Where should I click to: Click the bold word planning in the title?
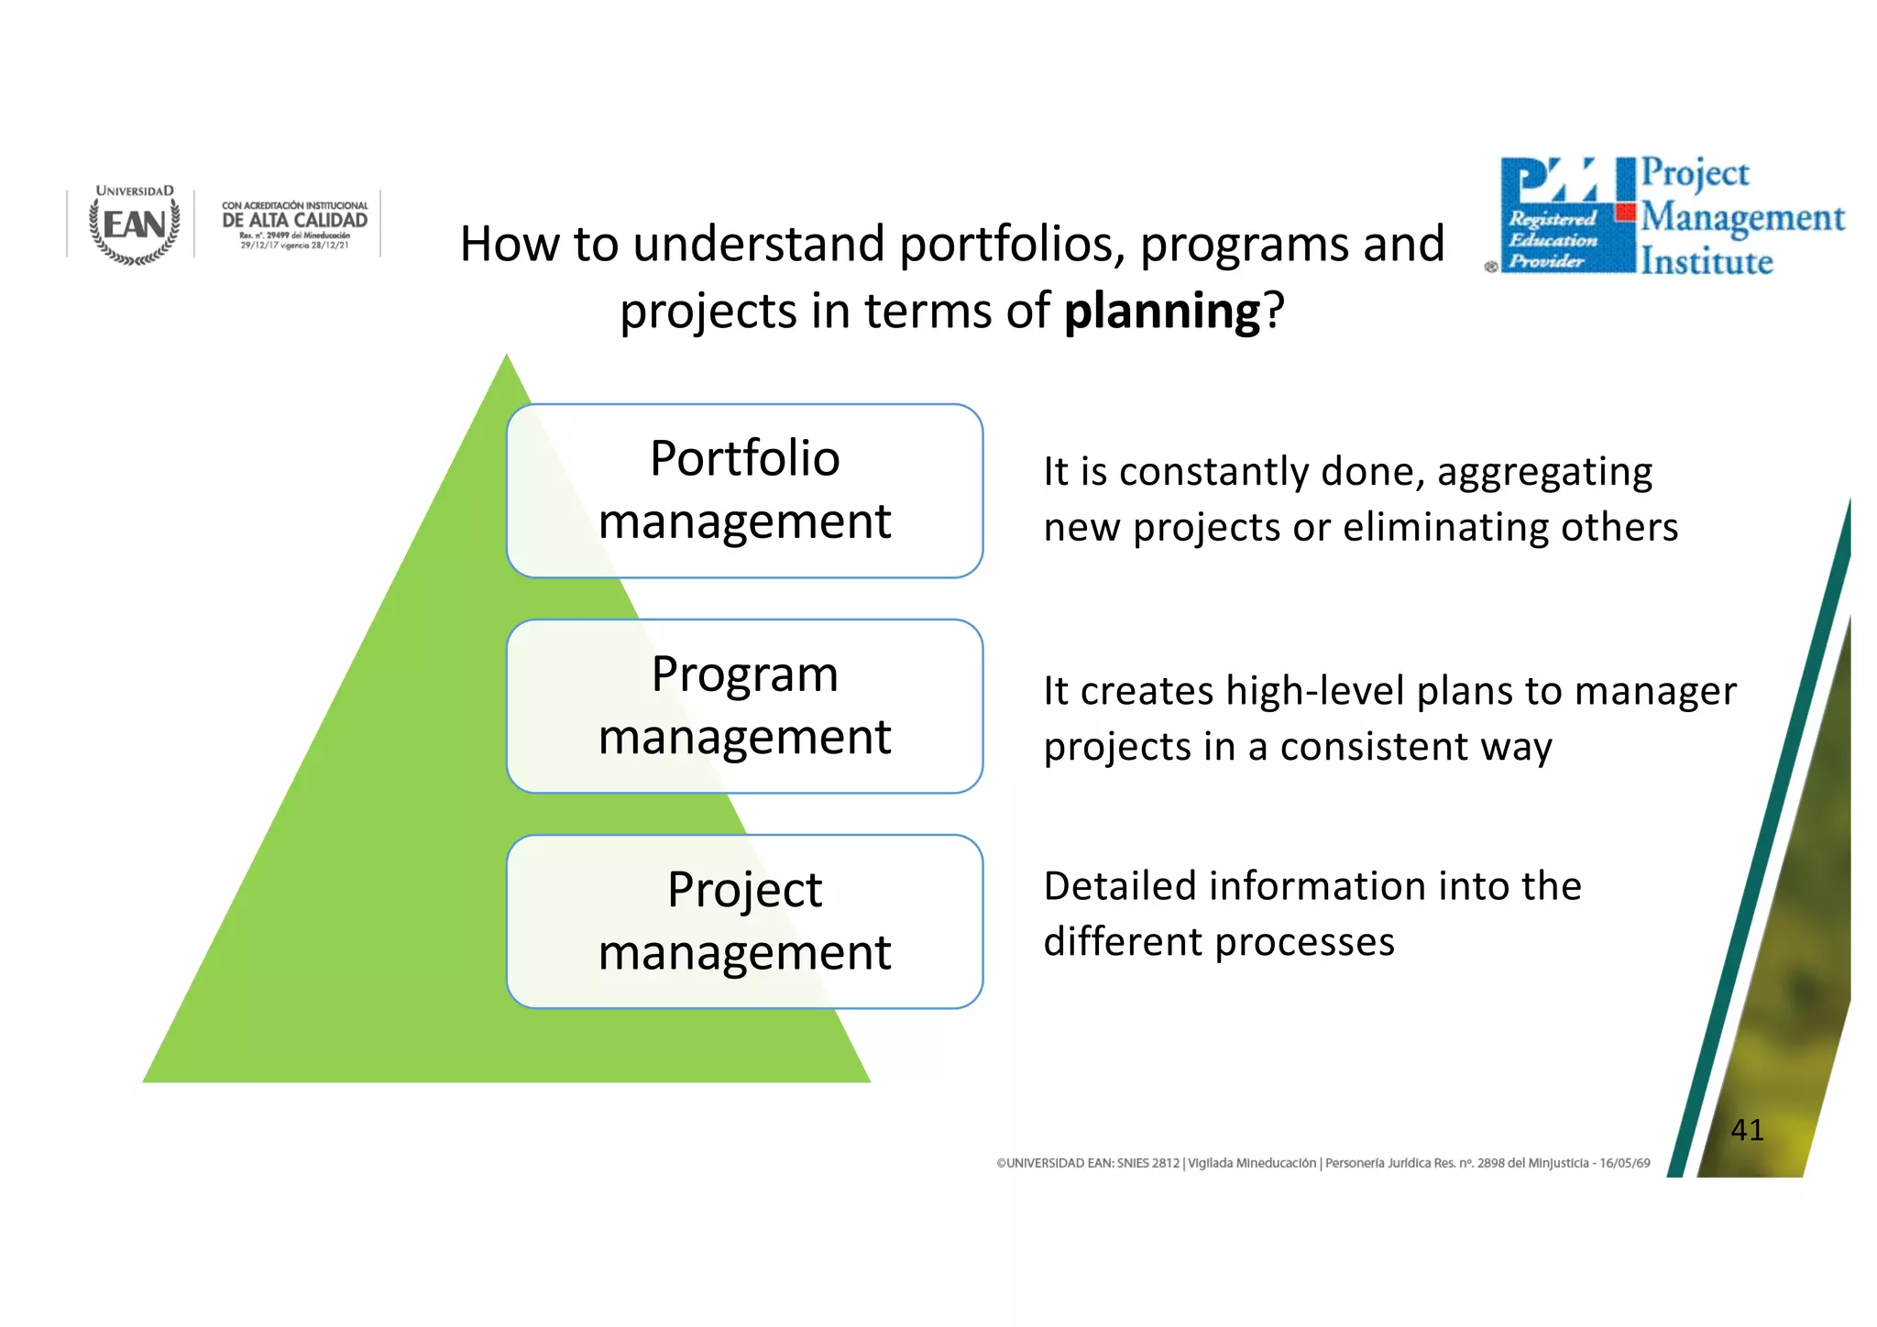(1162, 312)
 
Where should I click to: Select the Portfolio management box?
(744, 490)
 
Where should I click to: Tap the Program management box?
(744, 706)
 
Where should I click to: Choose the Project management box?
(744, 921)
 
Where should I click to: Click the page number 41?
(1747, 1130)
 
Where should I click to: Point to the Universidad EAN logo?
(135, 225)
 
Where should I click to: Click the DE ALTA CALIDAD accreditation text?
(294, 221)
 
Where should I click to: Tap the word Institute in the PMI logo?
(1707, 262)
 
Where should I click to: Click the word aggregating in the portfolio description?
(1544, 473)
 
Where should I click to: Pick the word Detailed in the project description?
(1120, 886)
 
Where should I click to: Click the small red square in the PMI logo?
(1625, 213)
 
